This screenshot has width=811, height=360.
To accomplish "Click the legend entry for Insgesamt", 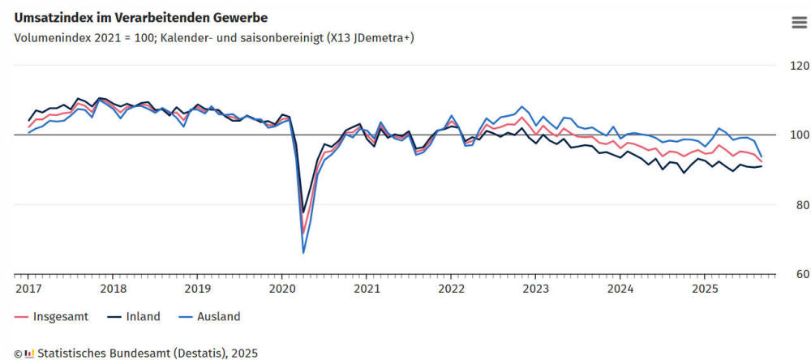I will pos(48,316).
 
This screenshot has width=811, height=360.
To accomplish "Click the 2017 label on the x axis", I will pos(28,288).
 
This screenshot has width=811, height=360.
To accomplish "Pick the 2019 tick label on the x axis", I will pos(197,288).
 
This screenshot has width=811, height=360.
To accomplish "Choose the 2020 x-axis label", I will pos(282,288).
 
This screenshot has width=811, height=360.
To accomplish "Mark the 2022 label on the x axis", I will pos(451,288).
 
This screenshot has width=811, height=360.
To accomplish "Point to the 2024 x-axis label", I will pos(620,288).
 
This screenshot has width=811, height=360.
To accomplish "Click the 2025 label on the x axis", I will pos(705,288).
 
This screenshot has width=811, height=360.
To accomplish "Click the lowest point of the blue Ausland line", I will pos(303,253).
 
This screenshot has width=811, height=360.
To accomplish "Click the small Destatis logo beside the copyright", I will pos(29,353).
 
